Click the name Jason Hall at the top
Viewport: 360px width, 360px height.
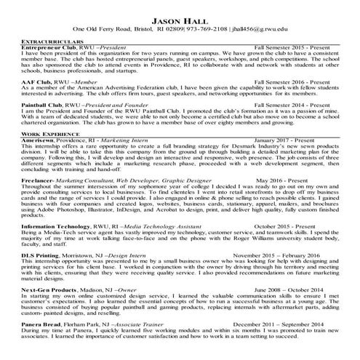(180, 17)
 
